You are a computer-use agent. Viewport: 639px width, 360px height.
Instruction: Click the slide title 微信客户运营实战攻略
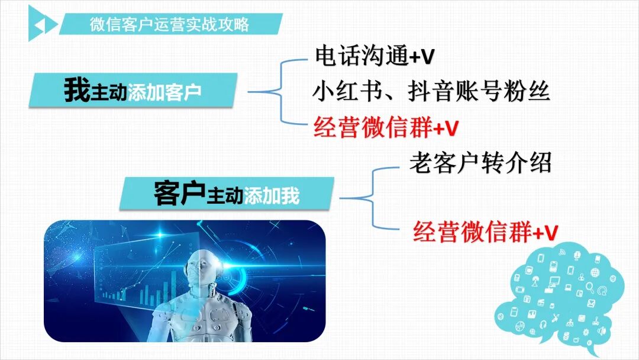point(169,25)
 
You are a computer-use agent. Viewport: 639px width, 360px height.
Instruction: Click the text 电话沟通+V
point(375,56)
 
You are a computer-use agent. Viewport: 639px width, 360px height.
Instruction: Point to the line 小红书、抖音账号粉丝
point(431,91)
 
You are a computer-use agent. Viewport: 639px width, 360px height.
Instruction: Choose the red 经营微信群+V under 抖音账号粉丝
point(386,127)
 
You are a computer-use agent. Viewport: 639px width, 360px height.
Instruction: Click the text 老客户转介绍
point(480,163)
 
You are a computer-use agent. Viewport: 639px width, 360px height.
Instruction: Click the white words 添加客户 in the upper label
point(164,93)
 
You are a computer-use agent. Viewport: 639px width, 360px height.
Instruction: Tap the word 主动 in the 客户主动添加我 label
point(224,196)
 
